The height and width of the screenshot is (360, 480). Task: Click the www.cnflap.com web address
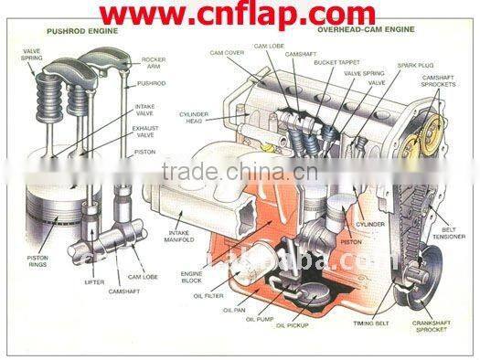click(x=240, y=15)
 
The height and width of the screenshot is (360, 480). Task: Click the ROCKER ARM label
click(x=154, y=62)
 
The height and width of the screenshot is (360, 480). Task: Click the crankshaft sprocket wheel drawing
click(x=417, y=276)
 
